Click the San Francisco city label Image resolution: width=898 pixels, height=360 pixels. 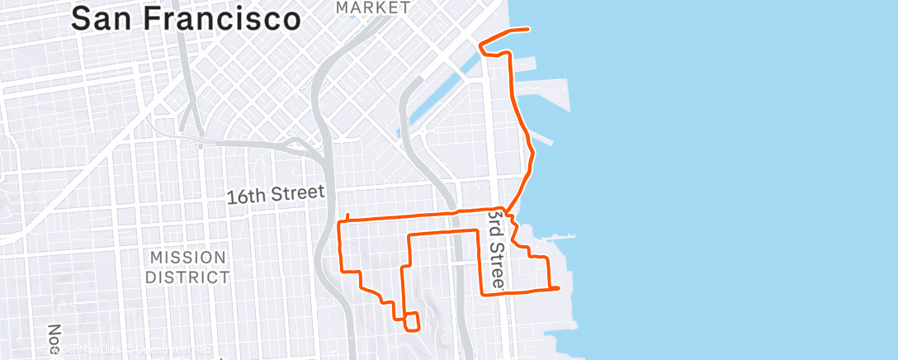click(x=185, y=17)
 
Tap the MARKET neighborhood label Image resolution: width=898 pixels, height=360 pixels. click(x=373, y=7)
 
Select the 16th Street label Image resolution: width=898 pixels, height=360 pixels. click(x=276, y=193)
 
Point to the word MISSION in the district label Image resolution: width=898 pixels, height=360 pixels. click(x=187, y=257)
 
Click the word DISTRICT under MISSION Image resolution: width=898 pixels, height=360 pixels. click(x=187, y=277)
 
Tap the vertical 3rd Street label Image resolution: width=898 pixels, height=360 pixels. click(x=495, y=249)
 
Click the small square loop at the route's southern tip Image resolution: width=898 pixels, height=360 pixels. click(x=410, y=321)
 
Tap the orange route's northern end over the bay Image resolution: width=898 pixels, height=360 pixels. click(x=527, y=30)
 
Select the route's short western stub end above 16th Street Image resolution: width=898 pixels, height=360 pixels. click(x=348, y=216)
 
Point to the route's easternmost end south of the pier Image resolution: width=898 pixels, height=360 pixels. click(x=559, y=288)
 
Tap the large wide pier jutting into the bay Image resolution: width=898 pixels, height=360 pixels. click(x=546, y=95)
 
